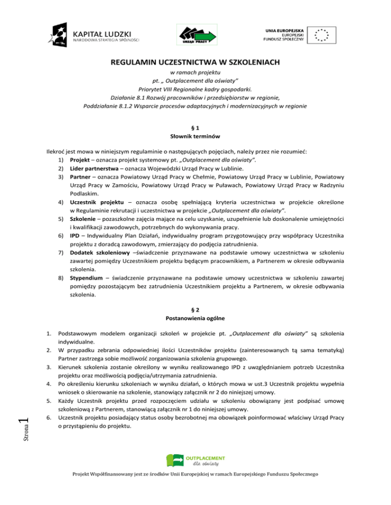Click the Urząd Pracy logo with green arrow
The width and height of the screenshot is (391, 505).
197,35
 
